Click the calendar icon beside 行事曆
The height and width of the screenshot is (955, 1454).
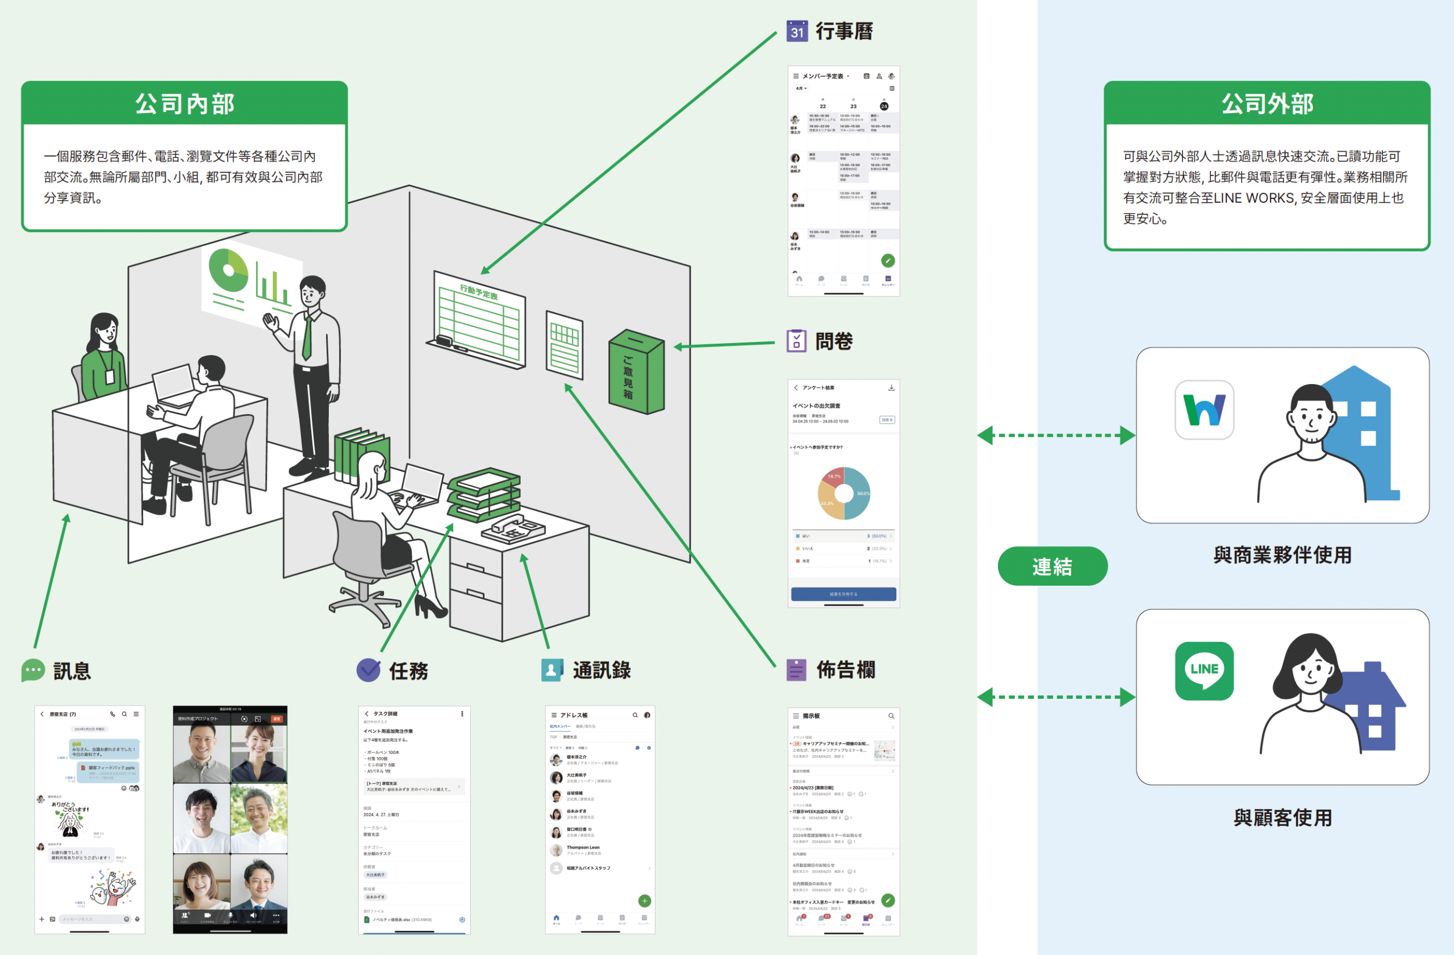coord(797,31)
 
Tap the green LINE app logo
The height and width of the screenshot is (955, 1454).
coord(1204,670)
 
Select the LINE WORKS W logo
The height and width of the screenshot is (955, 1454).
coord(1204,410)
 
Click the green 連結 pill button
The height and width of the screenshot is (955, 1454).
coord(1052,566)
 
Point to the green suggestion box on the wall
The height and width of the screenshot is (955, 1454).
coord(636,372)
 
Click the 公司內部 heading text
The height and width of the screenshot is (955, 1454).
coord(185,104)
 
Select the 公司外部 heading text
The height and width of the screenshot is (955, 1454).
coord(1267,104)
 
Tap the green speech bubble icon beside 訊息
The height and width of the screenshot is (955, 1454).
coord(33,670)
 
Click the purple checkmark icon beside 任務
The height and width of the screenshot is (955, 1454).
coord(369,670)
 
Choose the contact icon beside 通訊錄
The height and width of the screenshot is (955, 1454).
coord(551,670)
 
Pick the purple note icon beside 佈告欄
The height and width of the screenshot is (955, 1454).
coord(796,670)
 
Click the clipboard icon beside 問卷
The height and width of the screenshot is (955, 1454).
coord(796,341)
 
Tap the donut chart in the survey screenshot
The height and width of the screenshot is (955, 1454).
coord(843,493)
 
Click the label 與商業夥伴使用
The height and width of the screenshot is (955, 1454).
coord(1282,555)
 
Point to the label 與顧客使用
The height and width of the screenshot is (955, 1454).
coord(1282,817)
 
